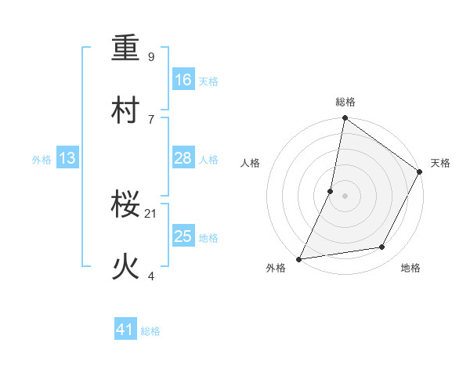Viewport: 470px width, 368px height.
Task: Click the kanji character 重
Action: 126,49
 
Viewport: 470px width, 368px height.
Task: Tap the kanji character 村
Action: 126,110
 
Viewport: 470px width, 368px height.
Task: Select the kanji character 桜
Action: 126,206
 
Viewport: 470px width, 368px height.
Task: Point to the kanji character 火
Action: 126,267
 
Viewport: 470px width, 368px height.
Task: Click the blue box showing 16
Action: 183,80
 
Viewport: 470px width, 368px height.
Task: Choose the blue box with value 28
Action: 183,158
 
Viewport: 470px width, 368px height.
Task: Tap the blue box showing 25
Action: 183,236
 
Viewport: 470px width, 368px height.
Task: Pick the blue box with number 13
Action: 67,159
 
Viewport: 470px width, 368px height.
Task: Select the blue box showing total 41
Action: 125,330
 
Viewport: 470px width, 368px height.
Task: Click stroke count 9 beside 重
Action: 151,56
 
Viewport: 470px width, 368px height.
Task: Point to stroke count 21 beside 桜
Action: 151,213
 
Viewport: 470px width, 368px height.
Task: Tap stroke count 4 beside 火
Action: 151,275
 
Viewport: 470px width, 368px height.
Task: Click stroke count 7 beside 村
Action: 151,118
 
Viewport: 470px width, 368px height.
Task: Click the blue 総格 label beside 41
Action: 150,331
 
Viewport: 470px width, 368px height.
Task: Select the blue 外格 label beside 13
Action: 42,160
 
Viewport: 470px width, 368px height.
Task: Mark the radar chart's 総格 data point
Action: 345,119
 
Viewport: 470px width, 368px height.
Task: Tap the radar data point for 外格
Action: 298,258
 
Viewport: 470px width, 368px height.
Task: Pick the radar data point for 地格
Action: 382,247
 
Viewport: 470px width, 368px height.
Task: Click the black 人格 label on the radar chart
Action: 251,163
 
